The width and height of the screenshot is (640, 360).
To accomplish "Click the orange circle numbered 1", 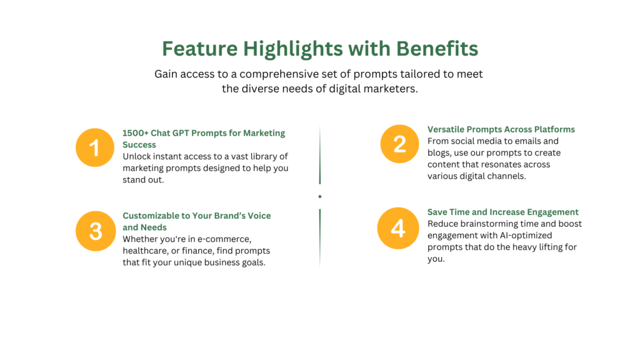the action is [95, 147].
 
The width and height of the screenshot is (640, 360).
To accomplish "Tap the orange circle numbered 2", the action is [399, 144].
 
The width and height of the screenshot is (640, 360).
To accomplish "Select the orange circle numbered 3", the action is [96, 231].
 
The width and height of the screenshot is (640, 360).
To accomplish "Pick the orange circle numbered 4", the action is [398, 228].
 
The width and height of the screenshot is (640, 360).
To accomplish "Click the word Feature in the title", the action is [199, 49].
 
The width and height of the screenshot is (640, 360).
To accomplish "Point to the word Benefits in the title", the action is [437, 49].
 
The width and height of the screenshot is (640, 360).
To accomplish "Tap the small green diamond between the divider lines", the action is [320, 197].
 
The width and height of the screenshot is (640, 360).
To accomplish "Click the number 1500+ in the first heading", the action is [136, 133].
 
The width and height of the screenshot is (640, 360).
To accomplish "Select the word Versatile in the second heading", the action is [446, 129].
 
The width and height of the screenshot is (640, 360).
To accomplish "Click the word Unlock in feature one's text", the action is [137, 156].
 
